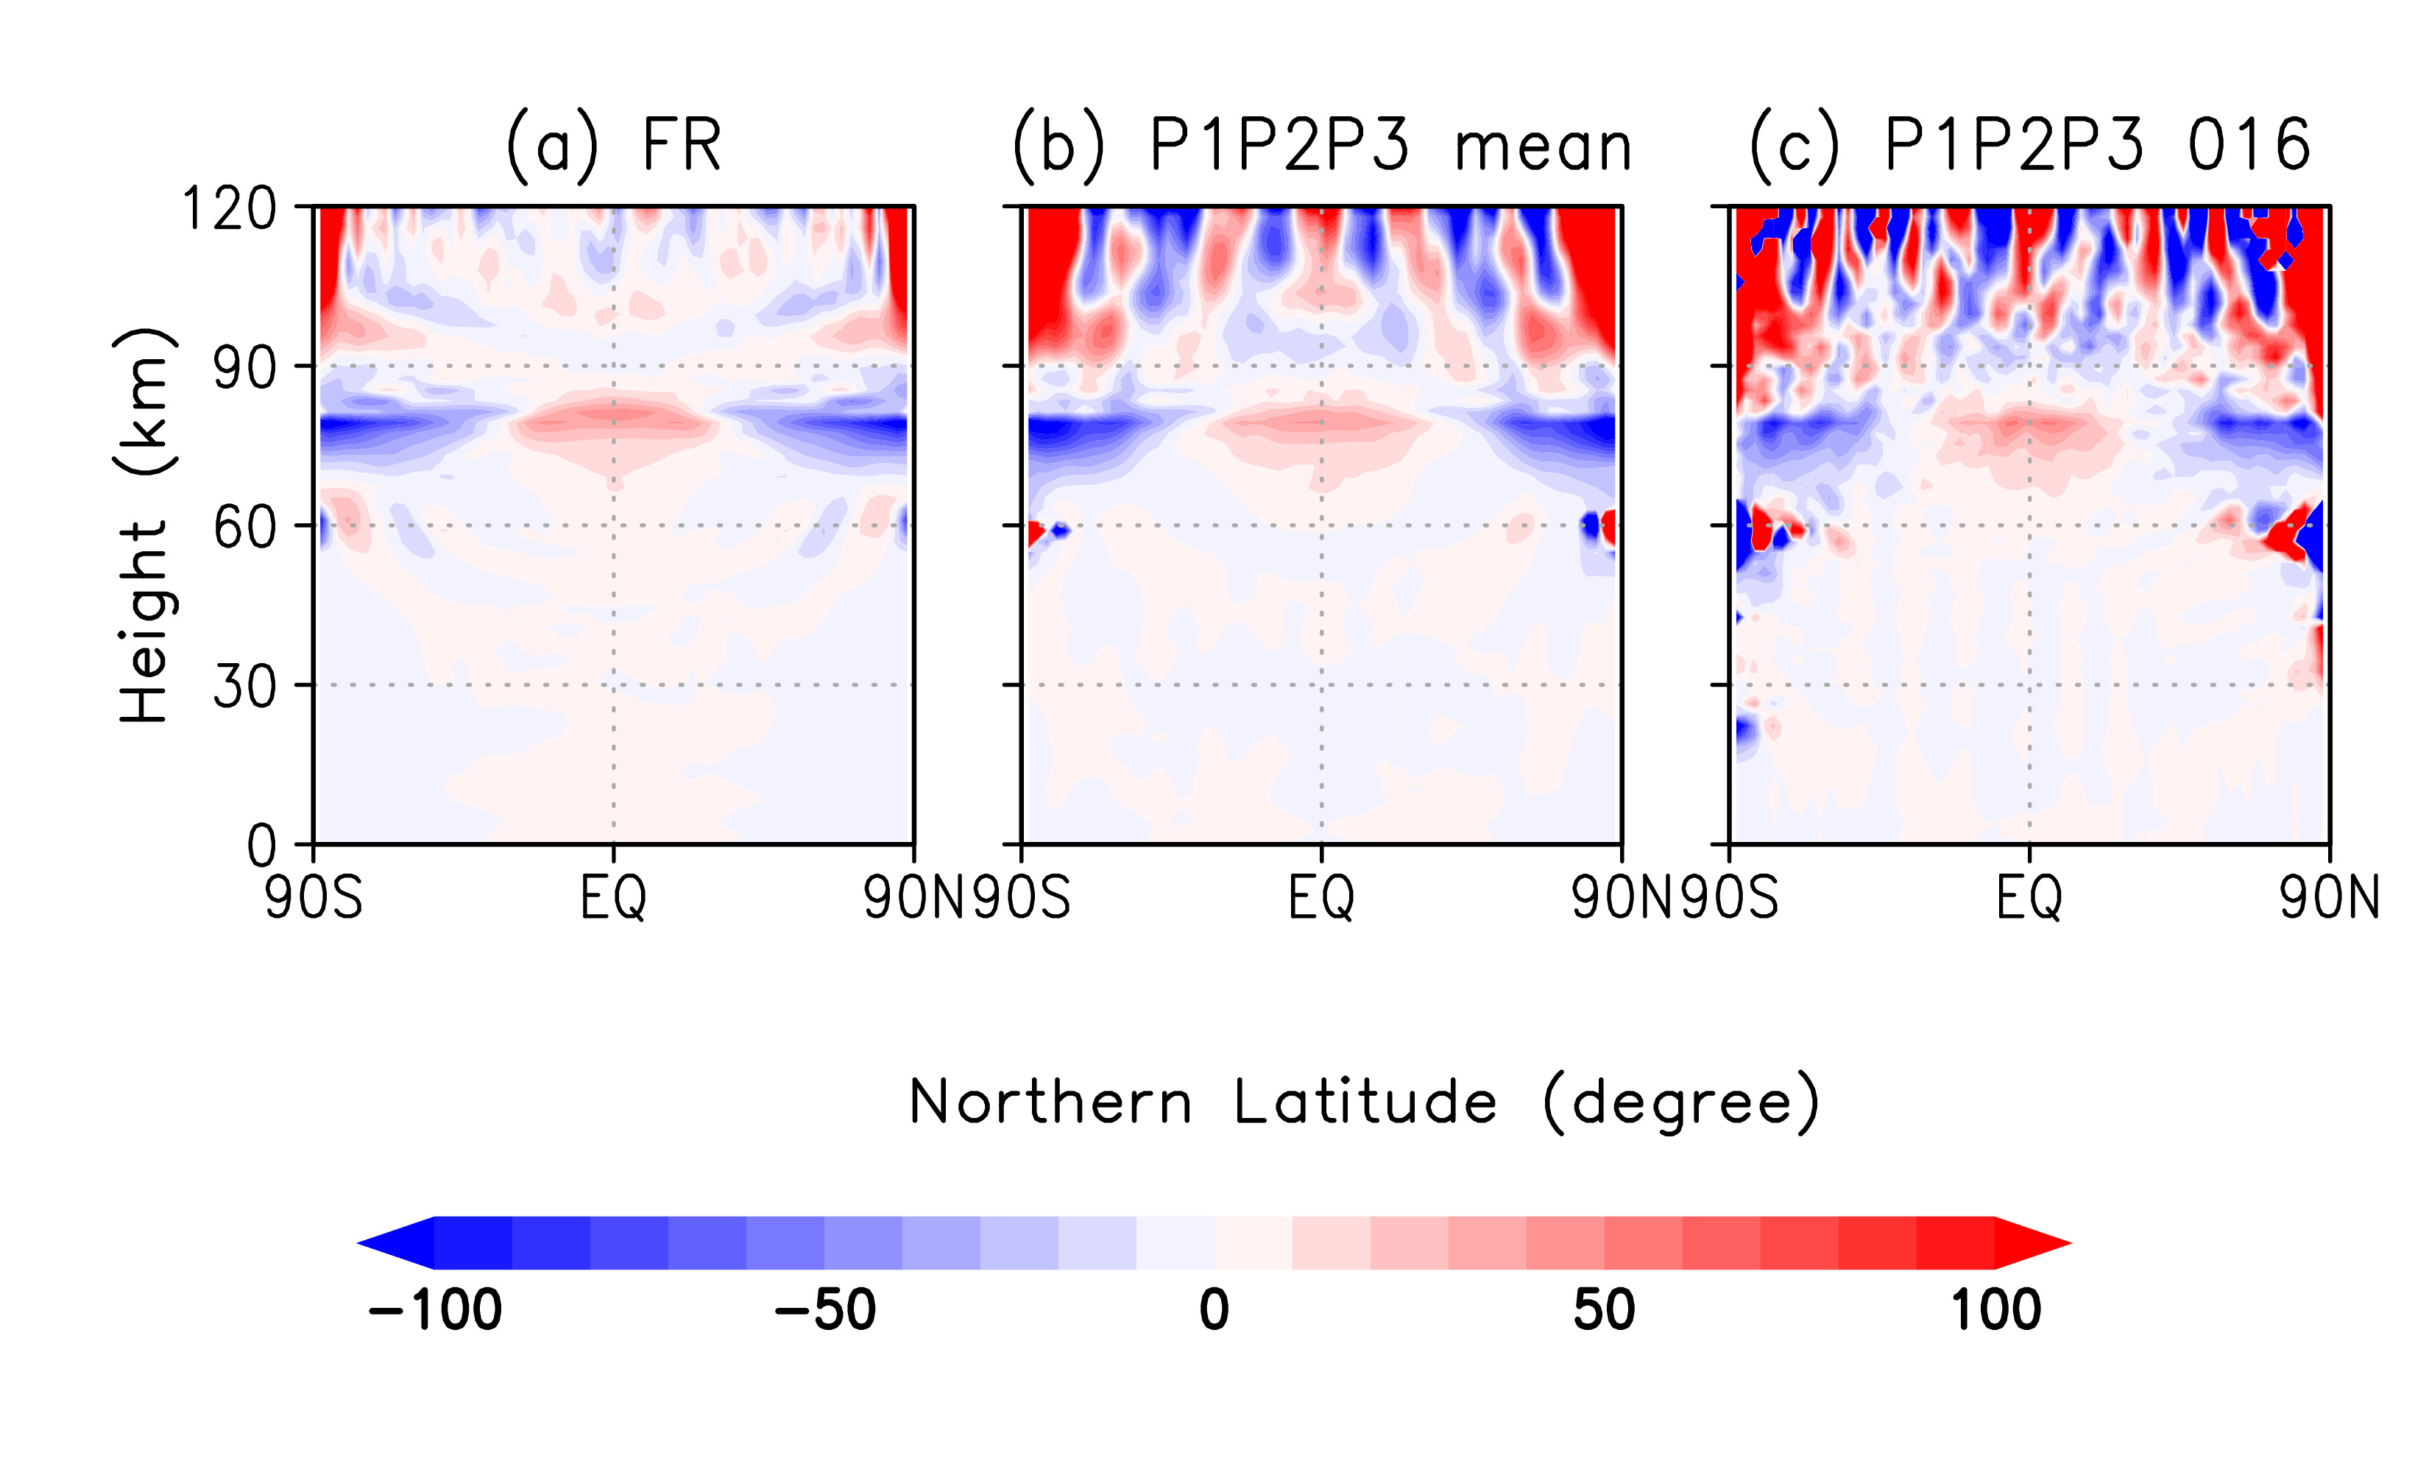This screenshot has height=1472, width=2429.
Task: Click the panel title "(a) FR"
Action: click(613, 146)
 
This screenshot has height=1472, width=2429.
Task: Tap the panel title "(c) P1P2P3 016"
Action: click(2029, 146)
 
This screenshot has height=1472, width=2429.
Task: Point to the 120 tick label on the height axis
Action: click(229, 209)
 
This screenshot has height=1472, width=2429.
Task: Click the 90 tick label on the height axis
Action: click(244, 369)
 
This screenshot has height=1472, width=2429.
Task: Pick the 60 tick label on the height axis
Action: click(244, 528)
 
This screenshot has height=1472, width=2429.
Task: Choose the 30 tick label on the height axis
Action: click(244, 687)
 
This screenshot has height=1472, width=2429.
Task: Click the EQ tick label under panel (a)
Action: click(613, 898)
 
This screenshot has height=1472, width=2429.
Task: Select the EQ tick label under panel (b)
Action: click(1321, 898)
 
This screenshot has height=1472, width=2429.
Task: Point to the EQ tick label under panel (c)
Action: click(2029, 898)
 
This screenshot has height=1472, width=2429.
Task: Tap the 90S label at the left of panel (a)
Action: click(314, 898)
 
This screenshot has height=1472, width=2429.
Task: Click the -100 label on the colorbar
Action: click(435, 1310)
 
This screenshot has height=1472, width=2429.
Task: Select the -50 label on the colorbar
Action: click(825, 1310)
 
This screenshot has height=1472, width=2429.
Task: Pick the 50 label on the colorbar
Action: click(1604, 1310)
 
